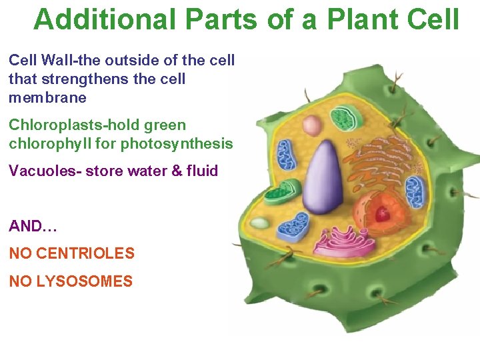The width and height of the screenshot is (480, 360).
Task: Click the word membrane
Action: click(47, 97)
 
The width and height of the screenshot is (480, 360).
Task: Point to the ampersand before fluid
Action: click(176, 171)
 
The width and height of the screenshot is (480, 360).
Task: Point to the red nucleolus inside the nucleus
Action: click(382, 213)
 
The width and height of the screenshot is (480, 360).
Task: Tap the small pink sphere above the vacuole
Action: click(311, 125)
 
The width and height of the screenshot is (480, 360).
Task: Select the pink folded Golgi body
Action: click(340, 243)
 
